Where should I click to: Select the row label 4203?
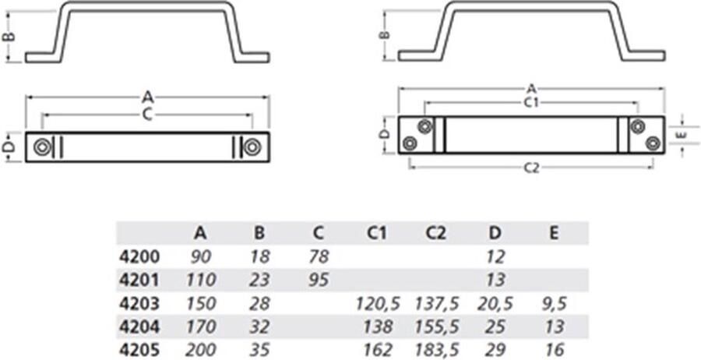[139, 304]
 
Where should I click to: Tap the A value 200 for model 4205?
[201, 349]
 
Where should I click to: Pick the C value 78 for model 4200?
[319, 256]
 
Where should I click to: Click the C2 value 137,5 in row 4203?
[436, 304]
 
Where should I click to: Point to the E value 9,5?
[554, 304]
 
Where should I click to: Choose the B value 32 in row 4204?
[259, 327]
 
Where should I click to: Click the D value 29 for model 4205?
[495, 349]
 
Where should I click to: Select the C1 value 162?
[378, 349]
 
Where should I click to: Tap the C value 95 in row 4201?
[319, 281]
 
